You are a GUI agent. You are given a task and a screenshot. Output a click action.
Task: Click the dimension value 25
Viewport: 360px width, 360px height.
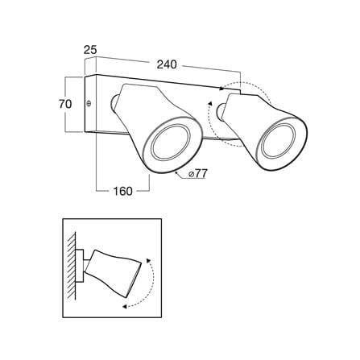[90, 50]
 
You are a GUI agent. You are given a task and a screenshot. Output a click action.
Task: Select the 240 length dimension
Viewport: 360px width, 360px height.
[167, 64]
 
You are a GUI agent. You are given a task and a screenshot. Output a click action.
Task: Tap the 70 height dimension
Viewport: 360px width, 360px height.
[65, 104]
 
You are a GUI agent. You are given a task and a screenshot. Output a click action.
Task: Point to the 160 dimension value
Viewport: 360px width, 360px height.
[123, 191]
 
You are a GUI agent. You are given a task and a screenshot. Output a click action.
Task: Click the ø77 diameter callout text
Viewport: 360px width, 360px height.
[197, 174]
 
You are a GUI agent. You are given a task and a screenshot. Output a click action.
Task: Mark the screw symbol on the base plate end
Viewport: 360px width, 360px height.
[89, 103]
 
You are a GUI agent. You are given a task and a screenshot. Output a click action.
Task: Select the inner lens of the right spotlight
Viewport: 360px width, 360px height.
[279, 142]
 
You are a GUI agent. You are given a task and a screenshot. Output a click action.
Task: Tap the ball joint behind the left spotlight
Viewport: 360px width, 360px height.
[114, 102]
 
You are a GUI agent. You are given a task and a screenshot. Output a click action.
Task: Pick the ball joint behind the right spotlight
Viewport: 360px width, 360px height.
[221, 111]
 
